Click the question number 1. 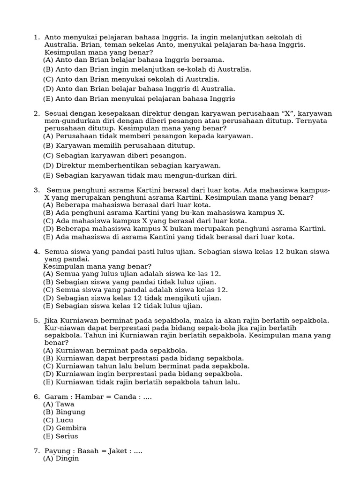tap(36, 37)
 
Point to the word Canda tap(121, 397)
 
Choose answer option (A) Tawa tap(59, 404)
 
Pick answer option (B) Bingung tap(64, 412)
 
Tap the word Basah tap(89, 451)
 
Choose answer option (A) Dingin tap(61, 458)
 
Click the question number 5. tap(36, 320)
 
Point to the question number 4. tap(36, 252)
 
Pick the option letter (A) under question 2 tap(48, 136)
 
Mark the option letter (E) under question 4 tap(48, 306)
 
